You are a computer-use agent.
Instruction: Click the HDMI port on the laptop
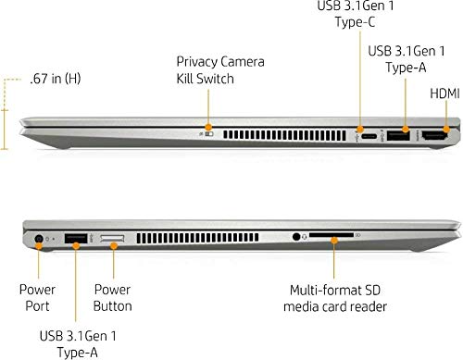pos(434,136)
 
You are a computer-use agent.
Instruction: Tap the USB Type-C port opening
pos(369,136)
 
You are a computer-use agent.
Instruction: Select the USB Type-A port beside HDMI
pos(398,136)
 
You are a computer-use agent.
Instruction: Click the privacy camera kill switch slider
pos(209,134)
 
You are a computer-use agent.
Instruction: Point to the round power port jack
pos(39,239)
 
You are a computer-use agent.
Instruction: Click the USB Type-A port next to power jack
pos(76,239)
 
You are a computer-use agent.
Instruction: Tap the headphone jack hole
pos(296,237)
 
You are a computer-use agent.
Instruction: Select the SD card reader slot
pos(332,235)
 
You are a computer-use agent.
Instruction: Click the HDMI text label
pos(444,93)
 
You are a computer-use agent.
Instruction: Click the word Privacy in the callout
pos(196,62)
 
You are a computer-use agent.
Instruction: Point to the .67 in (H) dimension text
pos(56,79)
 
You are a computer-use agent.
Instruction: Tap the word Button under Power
pos(113,306)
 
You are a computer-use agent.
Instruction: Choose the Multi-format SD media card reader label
pos(335,298)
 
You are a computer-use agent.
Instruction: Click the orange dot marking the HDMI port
pos(446,129)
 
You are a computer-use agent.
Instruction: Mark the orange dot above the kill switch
pos(208,127)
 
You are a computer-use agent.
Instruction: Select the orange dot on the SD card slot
pos(334,240)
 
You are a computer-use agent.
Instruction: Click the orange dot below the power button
pos(114,246)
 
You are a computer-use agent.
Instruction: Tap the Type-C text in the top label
pos(355,22)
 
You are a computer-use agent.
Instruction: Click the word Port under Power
pos(37,306)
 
